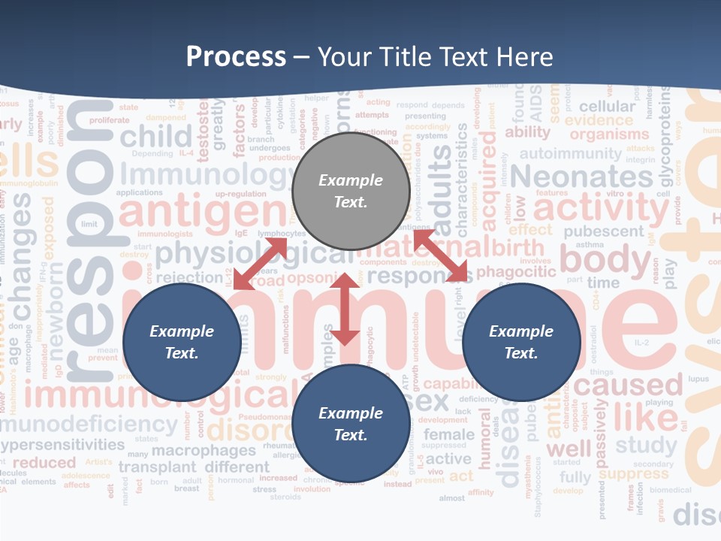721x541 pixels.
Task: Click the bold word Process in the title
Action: [x=236, y=57]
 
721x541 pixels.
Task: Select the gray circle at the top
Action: [x=350, y=191]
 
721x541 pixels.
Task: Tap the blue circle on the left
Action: [x=182, y=342]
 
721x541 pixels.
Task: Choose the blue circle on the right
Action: [x=521, y=342]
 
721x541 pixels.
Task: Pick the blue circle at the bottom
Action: [x=350, y=424]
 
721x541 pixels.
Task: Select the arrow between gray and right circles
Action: [x=440, y=256]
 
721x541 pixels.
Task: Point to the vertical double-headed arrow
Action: [x=345, y=309]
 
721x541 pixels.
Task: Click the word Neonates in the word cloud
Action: [x=582, y=177]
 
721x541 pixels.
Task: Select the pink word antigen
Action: [x=203, y=213]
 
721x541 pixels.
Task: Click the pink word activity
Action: [x=601, y=208]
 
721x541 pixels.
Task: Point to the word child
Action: [x=156, y=137]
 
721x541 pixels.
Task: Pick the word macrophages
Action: [x=204, y=451]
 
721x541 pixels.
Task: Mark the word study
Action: [x=646, y=446]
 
